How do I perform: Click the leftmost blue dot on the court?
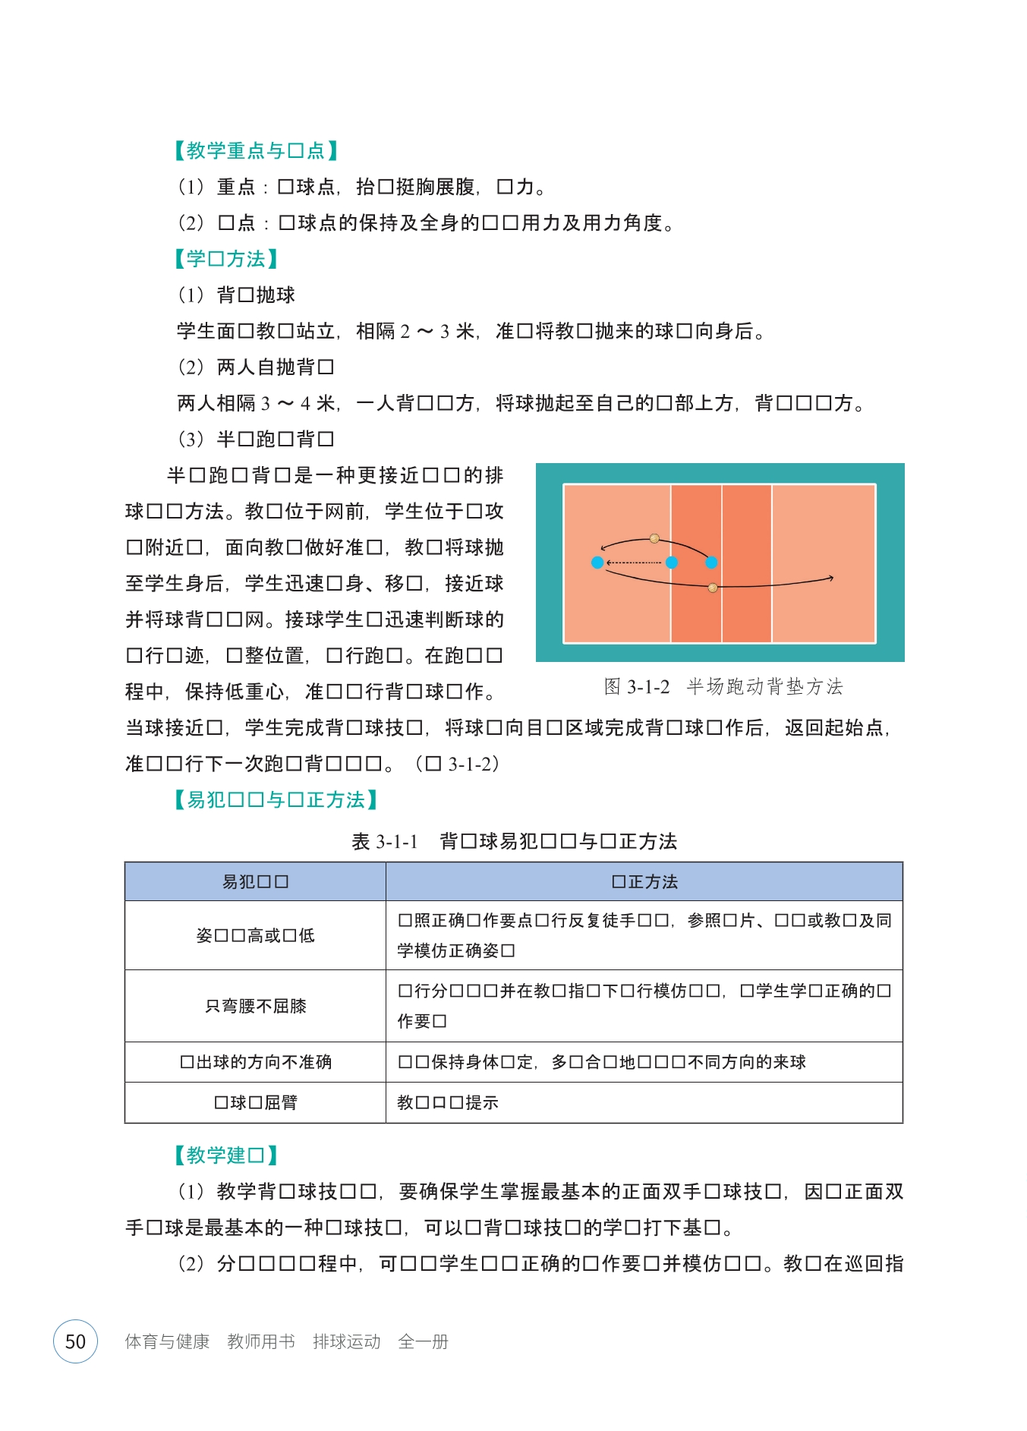pyautogui.click(x=597, y=563)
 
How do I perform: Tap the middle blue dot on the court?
pyautogui.click(x=672, y=563)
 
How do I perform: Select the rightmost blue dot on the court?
pyautogui.click(x=711, y=563)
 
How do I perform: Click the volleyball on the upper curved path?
pyautogui.click(x=654, y=539)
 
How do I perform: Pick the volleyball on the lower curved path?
pyautogui.click(x=713, y=588)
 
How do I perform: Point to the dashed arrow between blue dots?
pyautogui.click(x=634, y=563)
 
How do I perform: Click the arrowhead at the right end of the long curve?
pyautogui.click(x=831, y=578)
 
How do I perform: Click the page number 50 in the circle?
pyautogui.click(x=75, y=1341)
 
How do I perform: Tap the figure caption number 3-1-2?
pyautogui.click(x=648, y=687)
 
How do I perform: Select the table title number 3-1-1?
pyautogui.click(x=397, y=842)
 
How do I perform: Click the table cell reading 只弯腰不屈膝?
pyautogui.click(x=256, y=1006)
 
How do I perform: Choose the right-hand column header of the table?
pyautogui.click(x=644, y=882)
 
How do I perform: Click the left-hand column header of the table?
pyautogui.click(x=256, y=882)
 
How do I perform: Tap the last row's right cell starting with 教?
pyautogui.click(x=448, y=1102)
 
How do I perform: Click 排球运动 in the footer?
pyautogui.click(x=346, y=1341)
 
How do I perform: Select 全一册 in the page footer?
pyautogui.click(x=423, y=1341)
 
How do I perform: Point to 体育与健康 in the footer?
pyautogui.click(x=167, y=1341)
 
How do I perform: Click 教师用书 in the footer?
pyautogui.click(x=261, y=1341)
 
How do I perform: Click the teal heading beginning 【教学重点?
pyautogui.click(x=256, y=150)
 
